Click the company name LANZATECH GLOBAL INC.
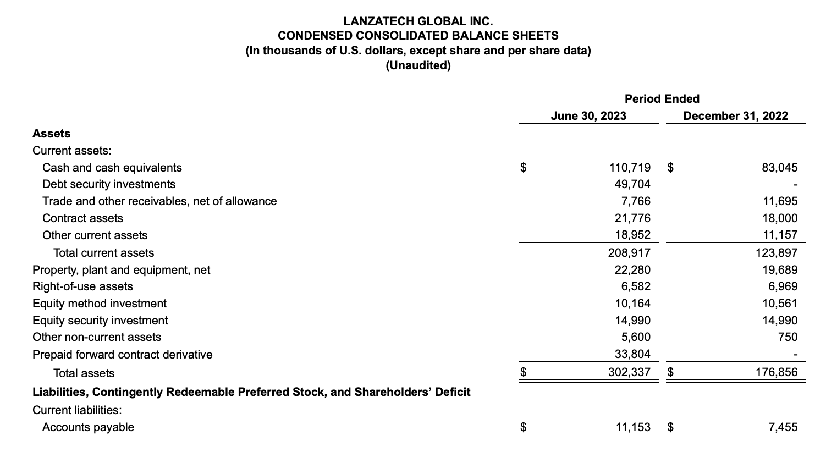point(418,21)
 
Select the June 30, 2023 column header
point(588,116)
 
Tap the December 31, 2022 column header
point(735,116)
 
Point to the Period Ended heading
point(662,99)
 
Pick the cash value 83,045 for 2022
point(779,168)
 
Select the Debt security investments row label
point(109,184)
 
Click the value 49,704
point(632,184)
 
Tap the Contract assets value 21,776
point(632,218)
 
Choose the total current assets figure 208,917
point(629,253)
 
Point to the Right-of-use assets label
point(82,286)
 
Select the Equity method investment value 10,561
point(779,304)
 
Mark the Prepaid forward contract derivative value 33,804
point(632,355)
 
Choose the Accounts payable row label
point(88,427)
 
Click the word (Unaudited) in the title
point(418,66)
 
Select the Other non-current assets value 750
point(788,337)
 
